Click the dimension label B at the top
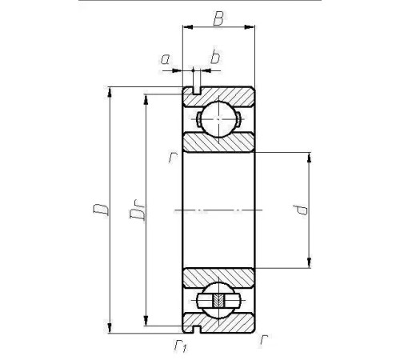[x=218, y=18]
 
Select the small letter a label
[x=166, y=59]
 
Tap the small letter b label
[x=215, y=57]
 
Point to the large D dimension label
[x=101, y=210]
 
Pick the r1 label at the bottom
[x=181, y=346]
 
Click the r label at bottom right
[x=263, y=341]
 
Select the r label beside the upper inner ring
[x=173, y=158]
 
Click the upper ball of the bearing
[x=218, y=119]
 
